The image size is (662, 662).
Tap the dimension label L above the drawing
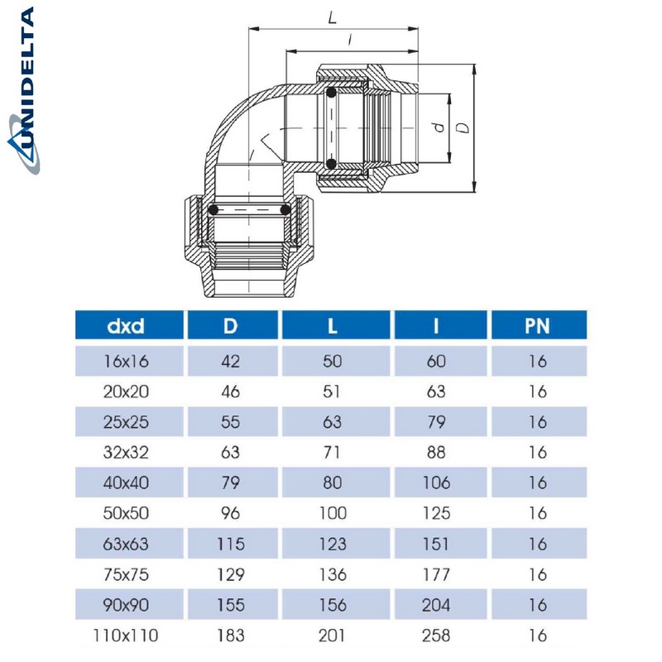click(x=332, y=17)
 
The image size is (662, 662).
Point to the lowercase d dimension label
click(x=439, y=127)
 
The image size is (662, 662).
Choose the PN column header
click(x=537, y=325)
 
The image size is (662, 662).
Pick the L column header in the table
click(x=332, y=325)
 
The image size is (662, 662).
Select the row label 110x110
click(x=126, y=636)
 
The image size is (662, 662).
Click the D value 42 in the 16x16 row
click(x=230, y=361)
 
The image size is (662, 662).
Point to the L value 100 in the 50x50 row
click(x=332, y=513)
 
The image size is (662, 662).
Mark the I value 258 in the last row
click(x=435, y=636)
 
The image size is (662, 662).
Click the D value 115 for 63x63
click(x=230, y=544)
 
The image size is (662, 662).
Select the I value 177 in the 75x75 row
click(x=435, y=574)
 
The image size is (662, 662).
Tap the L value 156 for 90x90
click(x=332, y=605)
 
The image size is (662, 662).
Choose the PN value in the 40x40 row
click(x=537, y=482)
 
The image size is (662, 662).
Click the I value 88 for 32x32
click(x=435, y=452)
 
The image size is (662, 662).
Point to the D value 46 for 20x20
click(x=230, y=391)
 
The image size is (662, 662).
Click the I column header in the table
click(x=435, y=325)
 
